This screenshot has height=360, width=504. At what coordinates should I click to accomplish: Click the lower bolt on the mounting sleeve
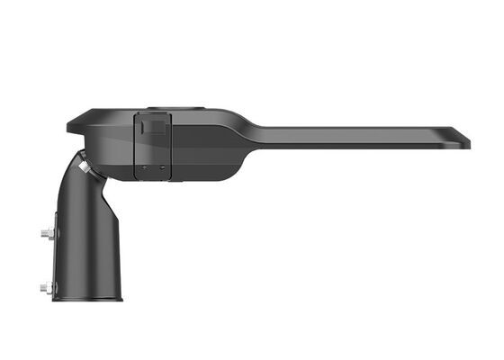point(46,288)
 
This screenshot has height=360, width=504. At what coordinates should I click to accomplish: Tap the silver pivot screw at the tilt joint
point(83,166)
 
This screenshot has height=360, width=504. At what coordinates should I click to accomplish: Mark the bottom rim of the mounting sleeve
point(87,300)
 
